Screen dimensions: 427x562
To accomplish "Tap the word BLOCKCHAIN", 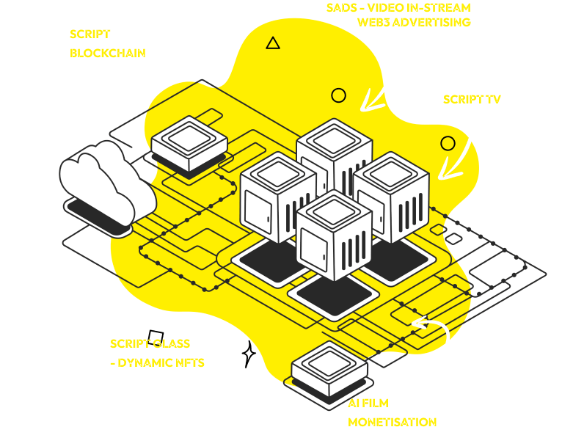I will point(107,53).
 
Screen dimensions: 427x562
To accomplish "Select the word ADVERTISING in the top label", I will point(434,22).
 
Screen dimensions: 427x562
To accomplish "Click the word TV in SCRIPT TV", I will point(493,99).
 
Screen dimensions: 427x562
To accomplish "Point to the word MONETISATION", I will point(393,421).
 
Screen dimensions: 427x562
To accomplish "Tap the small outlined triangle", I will point(273,43).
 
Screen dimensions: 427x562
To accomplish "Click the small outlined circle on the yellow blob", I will point(338,95).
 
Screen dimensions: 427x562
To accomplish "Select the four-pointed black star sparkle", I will point(249,354).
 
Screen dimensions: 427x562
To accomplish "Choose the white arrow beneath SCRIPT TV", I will point(461,151).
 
